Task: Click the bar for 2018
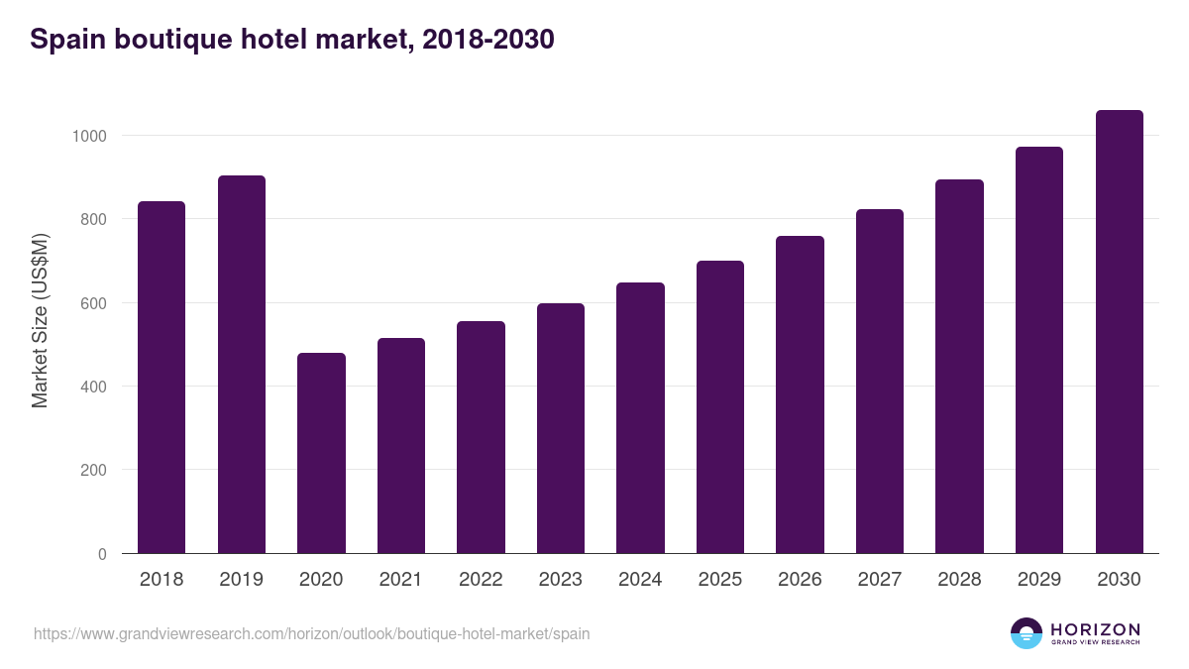[x=162, y=378]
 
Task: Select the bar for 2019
[x=242, y=365]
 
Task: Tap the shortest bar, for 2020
[x=321, y=453]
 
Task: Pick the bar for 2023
[x=561, y=428]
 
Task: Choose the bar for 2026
[x=800, y=394]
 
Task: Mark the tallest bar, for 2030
[x=1119, y=332]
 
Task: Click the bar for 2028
[x=959, y=367]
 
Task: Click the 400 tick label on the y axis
[x=94, y=387]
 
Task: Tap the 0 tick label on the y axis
[x=102, y=554]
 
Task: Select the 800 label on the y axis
[x=94, y=219]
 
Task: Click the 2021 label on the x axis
[x=400, y=580]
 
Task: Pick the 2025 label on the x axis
[x=719, y=580]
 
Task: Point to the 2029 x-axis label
[x=1038, y=580]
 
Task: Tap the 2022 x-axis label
[x=481, y=580]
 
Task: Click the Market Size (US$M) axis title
[x=40, y=320]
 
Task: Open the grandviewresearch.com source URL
[x=312, y=633]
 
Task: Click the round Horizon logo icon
[x=1027, y=633]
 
